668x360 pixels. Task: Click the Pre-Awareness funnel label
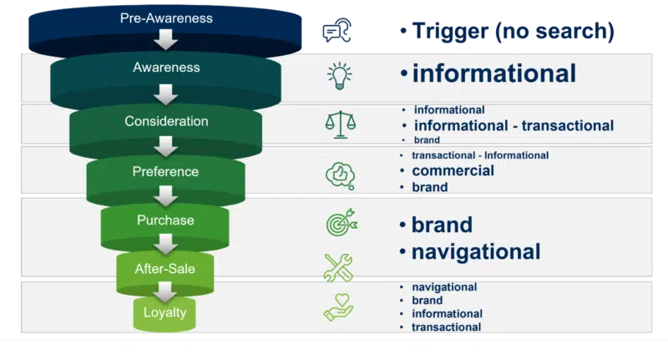166,18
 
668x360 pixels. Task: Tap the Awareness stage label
166,68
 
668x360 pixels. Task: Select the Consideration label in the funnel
166,121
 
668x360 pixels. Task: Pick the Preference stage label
165,171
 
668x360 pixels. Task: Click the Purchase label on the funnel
165,220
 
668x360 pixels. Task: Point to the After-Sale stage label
164,269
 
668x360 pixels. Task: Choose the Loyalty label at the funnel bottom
164,312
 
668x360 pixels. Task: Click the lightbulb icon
340,76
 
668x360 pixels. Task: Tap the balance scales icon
341,124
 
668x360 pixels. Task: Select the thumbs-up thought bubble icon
341,175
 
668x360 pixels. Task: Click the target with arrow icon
342,222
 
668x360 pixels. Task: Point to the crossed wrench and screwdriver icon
338,267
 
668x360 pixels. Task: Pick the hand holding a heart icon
339,307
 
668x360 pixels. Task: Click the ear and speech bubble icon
337,30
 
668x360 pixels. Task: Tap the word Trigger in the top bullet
450,32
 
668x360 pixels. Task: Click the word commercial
453,170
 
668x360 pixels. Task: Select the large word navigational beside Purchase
476,251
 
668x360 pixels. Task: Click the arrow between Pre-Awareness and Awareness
165,39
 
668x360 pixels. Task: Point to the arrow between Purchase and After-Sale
165,244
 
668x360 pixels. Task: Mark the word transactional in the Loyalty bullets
447,327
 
